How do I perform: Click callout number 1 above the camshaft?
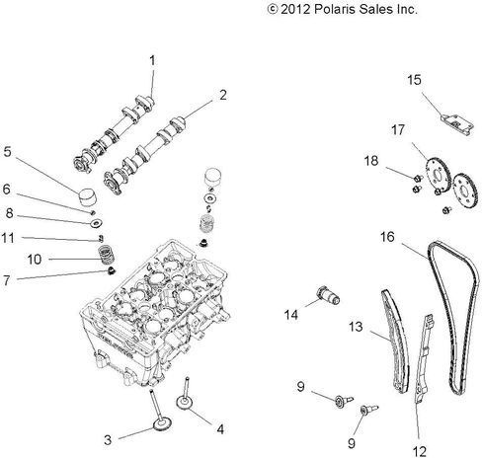tap(152, 61)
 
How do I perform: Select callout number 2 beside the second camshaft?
tap(223, 95)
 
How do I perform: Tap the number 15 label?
tap(414, 80)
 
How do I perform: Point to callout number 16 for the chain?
tap(387, 237)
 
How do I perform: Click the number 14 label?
tap(291, 315)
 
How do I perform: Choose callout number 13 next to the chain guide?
tap(356, 327)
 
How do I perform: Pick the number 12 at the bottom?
tap(419, 451)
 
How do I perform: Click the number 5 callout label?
tap(7, 152)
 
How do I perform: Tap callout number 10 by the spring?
tap(35, 260)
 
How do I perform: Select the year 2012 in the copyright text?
tap(295, 9)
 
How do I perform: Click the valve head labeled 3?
tap(162, 424)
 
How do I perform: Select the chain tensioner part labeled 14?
tap(328, 295)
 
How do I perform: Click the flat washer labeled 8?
tap(97, 223)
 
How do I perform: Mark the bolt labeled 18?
tap(418, 178)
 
